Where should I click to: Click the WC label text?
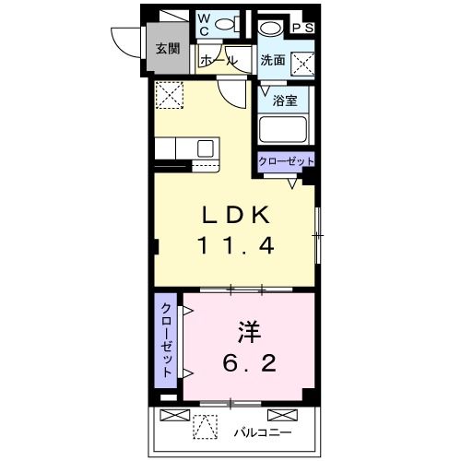[204, 23]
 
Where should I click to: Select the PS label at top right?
[302, 28]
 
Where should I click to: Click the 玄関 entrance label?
[167, 49]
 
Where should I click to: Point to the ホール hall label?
[218, 61]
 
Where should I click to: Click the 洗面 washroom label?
[272, 61]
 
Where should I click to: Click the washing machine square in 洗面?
[302, 62]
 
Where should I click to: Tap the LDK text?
[236, 216]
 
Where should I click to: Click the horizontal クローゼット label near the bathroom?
[287, 160]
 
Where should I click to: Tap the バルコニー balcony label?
[262, 431]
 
